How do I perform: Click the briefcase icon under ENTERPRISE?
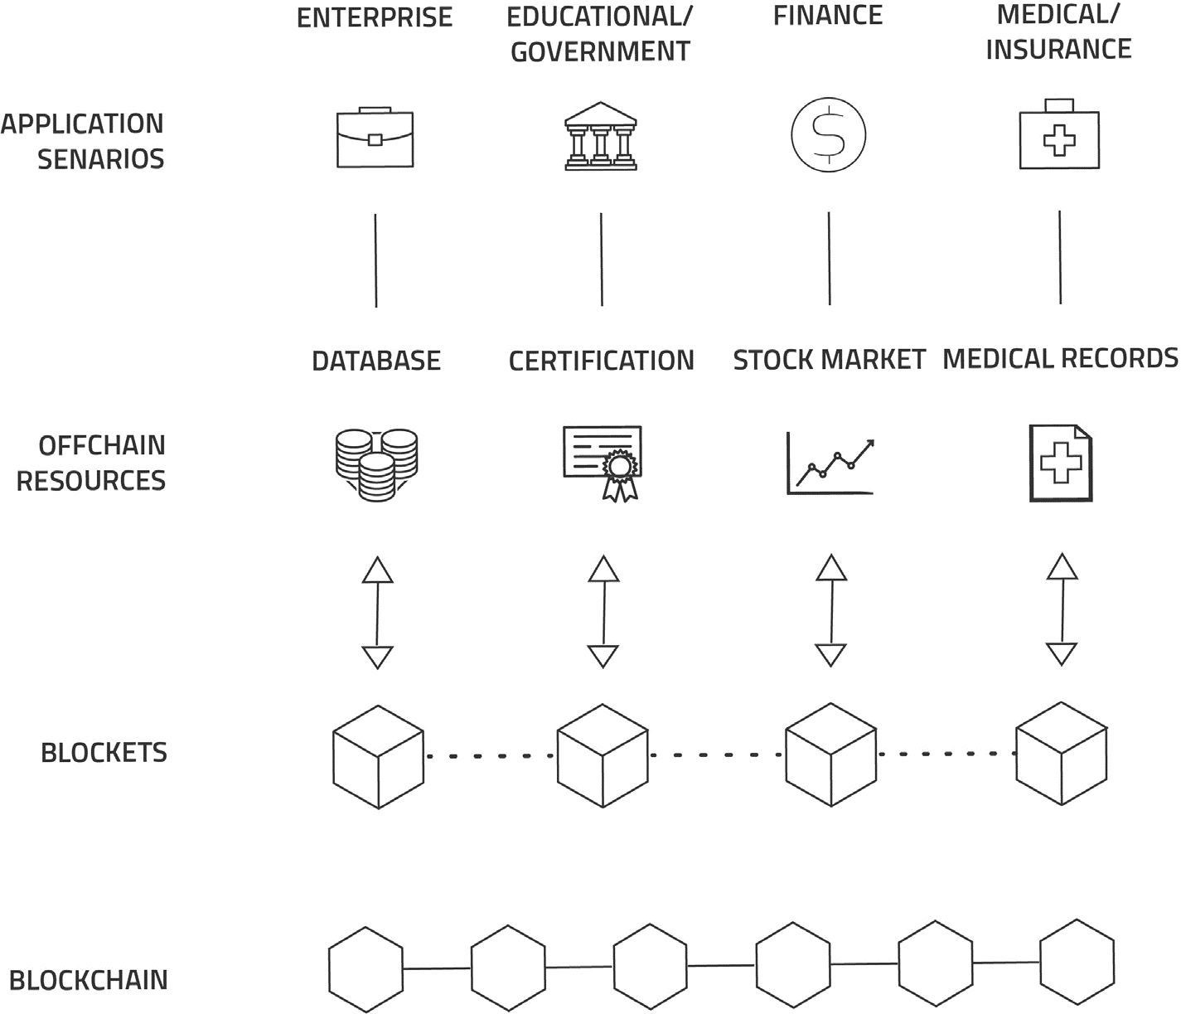[x=375, y=138]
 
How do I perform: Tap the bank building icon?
[x=601, y=137]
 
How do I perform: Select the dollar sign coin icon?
[x=828, y=134]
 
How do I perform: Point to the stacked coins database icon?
[x=376, y=464]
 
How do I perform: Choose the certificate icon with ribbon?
[x=603, y=463]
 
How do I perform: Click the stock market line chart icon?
[x=830, y=464]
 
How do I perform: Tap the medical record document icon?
[x=1060, y=463]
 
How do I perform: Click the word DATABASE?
[x=376, y=361]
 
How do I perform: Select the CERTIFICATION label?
[x=601, y=361]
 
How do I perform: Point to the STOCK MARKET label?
[x=829, y=360]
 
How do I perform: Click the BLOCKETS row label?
[x=104, y=753]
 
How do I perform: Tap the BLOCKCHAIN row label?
[x=89, y=980]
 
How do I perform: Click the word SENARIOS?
[x=100, y=158]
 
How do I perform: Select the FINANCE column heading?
[x=828, y=16]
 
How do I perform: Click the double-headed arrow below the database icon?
[x=378, y=613]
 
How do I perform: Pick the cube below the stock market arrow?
[x=830, y=754]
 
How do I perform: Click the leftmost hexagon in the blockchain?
[x=365, y=969]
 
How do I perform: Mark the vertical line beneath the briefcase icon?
[x=375, y=260]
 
